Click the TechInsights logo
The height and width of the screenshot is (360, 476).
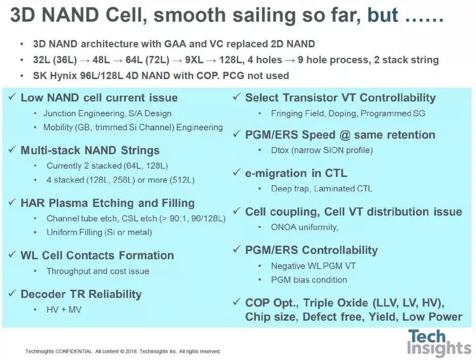(x=438, y=343)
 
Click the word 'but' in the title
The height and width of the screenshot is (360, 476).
(x=383, y=15)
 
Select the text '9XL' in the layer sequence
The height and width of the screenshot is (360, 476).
(x=194, y=60)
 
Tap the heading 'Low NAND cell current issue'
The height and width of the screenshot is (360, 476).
(x=99, y=98)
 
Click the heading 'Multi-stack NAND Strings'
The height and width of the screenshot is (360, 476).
(x=90, y=150)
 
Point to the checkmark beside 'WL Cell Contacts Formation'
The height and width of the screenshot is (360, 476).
(x=12, y=255)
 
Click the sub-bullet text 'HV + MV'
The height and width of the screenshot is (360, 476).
(x=64, y=310)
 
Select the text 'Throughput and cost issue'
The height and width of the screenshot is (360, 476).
(x=98, y=271)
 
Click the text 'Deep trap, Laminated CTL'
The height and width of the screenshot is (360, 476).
(x=321, y=189)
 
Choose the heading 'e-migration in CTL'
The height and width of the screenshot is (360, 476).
(x=296, y=173)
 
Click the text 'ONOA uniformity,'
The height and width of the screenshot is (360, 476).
(x=305, y=227)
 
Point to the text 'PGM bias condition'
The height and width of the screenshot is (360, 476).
(x=309, y=280)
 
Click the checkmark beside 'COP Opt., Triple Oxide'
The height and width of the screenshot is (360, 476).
(x=237, y=302)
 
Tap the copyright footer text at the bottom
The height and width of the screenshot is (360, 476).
(x=123, y=351)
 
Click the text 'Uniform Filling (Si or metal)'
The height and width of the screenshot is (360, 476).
(x=99, y=233)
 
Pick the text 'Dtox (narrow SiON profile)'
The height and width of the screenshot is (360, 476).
(x=322, y=150)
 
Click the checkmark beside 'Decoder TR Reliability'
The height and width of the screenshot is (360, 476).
(x=12, y=293)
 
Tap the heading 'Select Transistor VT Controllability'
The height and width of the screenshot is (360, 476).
(x=340, y=98)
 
